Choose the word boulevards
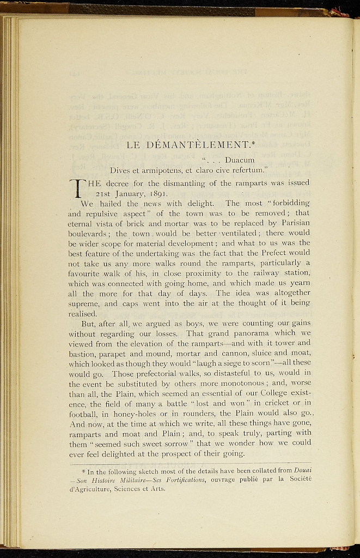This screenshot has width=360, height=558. pos(89,233)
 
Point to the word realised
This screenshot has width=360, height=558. pos(83,313)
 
